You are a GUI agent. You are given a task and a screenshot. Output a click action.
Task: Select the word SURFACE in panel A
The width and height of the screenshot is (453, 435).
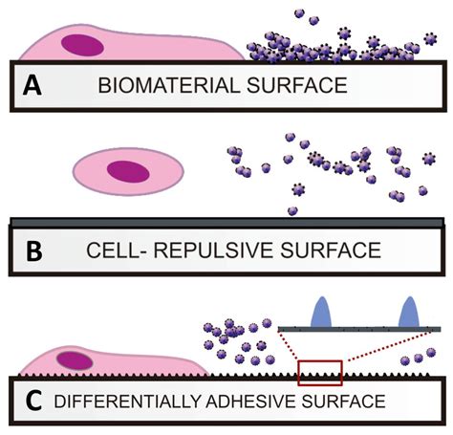tap(295, 86)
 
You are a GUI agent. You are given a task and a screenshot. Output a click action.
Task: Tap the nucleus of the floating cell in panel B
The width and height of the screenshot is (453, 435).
tap(128, 170)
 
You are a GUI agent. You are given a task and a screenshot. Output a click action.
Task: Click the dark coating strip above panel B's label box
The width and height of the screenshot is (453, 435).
tap(226, 223)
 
